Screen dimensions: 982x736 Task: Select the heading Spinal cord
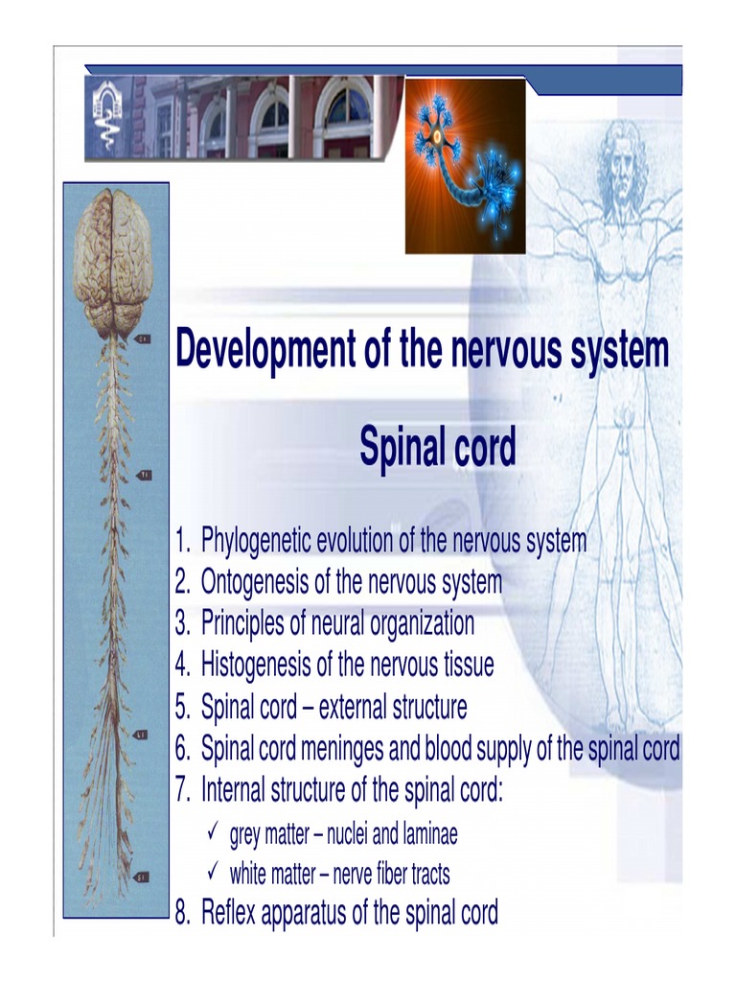437,447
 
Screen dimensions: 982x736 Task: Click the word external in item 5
357,708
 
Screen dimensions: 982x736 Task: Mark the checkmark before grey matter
214,833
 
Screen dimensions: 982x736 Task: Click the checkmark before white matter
214,873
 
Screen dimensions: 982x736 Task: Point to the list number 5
182,709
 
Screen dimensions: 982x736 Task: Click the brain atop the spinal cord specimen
113,260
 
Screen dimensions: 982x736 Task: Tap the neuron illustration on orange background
465,166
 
